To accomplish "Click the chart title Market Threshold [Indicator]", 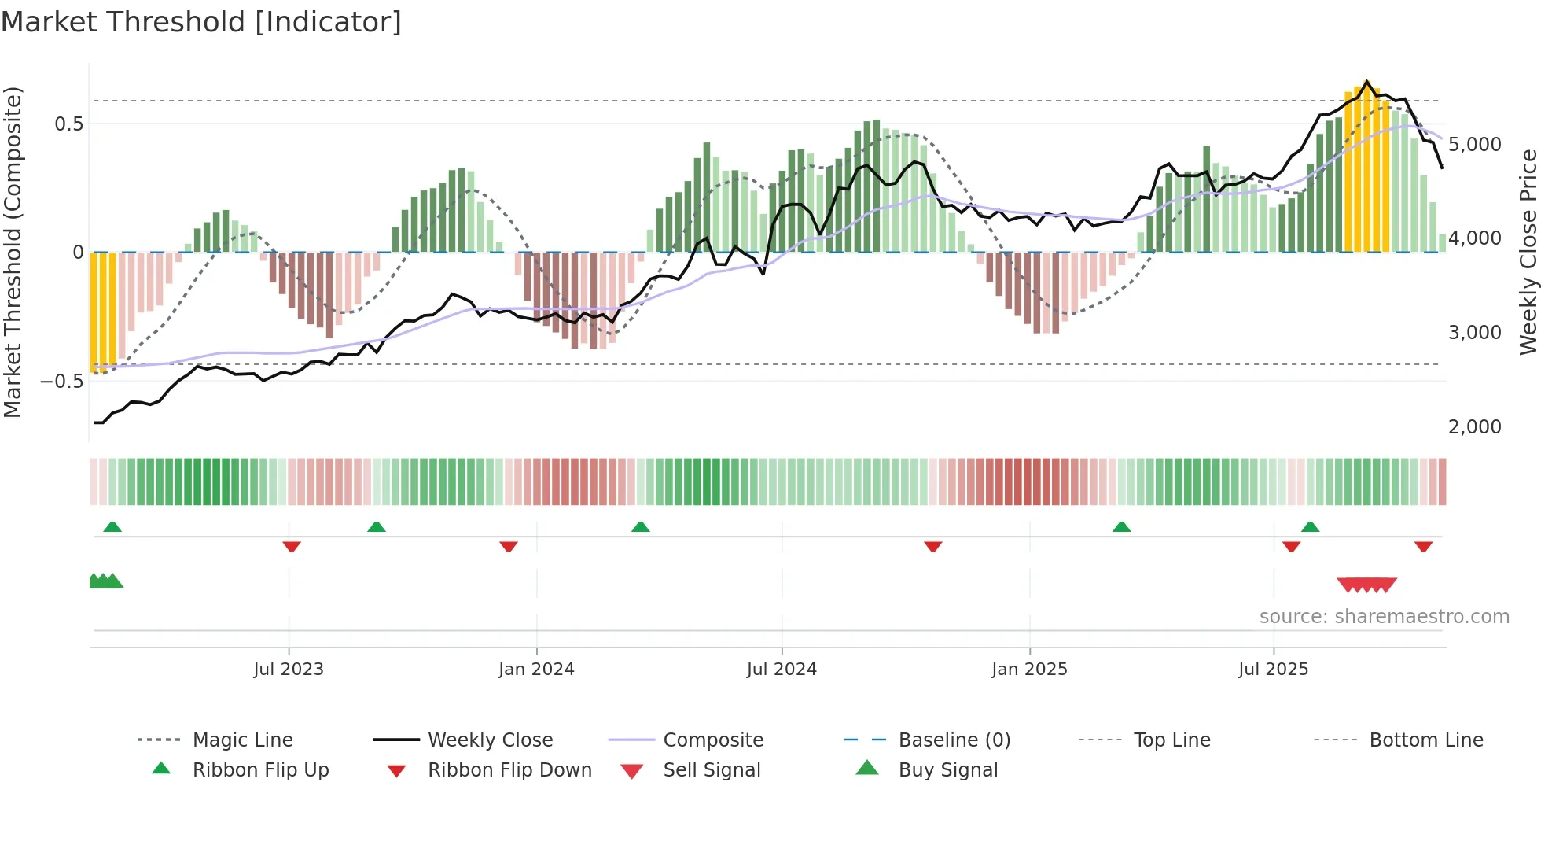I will pyautogui.click(x=201, y=22).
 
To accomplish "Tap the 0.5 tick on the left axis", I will pyautogui.click(x=68, y=124).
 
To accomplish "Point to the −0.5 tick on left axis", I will pyautogui.click(x=62, y=382).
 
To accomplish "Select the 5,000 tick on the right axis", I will pyautogui.click(x=1475, y=145).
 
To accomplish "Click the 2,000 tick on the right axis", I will pyautogui.click(x=1475, y=427).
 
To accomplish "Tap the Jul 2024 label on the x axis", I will pyautogui.click(x=782, y=670).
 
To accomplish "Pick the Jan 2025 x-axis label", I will pyautogui.click(x=1029, y=670).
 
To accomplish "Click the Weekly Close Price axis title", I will pyautogui.click(x=1528, y=252).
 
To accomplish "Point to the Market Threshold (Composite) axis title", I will pyautogui.click(x=13, y=252).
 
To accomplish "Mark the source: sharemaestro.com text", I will pyautogui.click(x=1384, y=617).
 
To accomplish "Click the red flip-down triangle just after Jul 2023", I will pyautogui.click(x=292, y=546).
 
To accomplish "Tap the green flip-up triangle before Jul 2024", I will pyautogui.click(x=641, y=527).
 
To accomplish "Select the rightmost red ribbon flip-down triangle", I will pyautogui.click(x=1423, y=546).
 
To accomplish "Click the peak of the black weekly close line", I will pyautogui.click(x=1366, y=82).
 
